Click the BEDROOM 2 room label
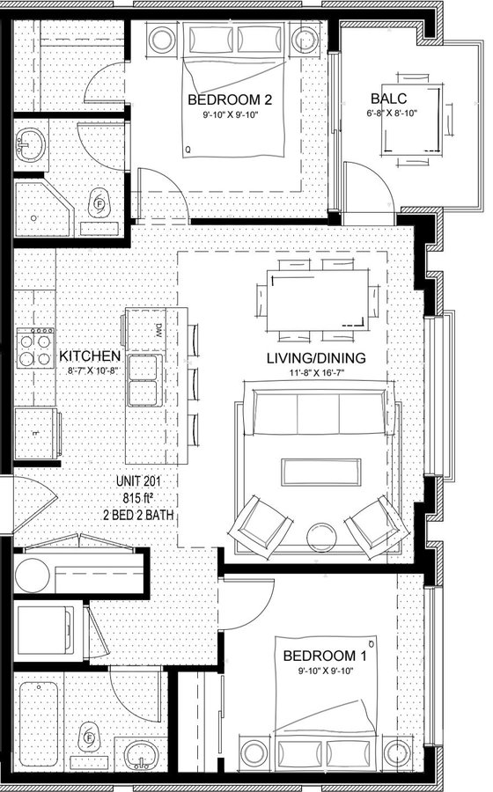(x=229, y=99)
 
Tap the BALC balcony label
(x=389, y=98)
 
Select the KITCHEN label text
(x=90, y=356)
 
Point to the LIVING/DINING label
(x=316, y=358)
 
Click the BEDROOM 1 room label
(x=325, y=656)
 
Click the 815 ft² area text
(x=138, y=498)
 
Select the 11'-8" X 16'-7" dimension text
(x=316, y=373)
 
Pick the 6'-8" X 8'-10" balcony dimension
(x=392, y=114)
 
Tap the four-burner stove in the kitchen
(x=35, y=348)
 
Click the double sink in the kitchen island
(x=145, y=380)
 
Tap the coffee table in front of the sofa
(x=321, y=472)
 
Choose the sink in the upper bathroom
(x=30, y=144)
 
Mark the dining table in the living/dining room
(x=317, y=300)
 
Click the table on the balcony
(x=412, y=121)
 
